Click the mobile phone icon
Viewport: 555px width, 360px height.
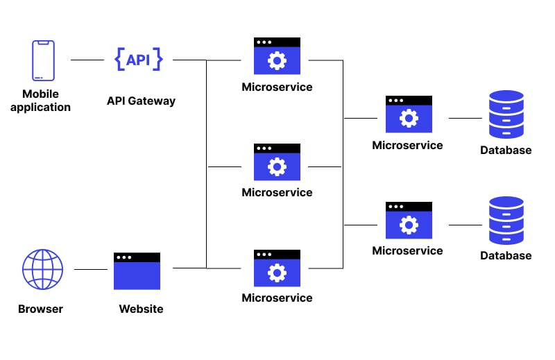pyautogui.click(x=43, y=60)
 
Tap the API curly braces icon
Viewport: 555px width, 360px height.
pyautogui.click(x=138, y=60)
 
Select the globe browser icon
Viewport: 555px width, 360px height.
pyautogui.click(x=43, y=269)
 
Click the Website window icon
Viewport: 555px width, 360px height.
pyautogui.click(x=137, y=271)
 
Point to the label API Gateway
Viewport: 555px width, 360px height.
pyautogui.click(x=141, y=101)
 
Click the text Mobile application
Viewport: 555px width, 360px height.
pyautogui.click(x=40, y=101)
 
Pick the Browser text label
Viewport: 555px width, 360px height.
pyautogui.click(x=40, y=309)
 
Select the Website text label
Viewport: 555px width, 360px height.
pyautogui.click(x=141, y=309)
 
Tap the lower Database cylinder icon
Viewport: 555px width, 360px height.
pyautogui.click(x=506, y=221)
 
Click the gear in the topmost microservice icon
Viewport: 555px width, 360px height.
pyautogui.click(x=277, y=61)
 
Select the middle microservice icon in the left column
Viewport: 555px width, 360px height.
pyautogui.click(x=277, y=162)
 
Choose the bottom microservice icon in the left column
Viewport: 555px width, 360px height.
pyautogui.click(x=277, y=268)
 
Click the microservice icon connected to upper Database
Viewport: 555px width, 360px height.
pyautogui.click(x=409, y=114)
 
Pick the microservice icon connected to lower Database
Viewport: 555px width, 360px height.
pyautogui.click(x=409, y=221)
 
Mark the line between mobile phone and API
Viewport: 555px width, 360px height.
pyautogui.click(x=87, y=60)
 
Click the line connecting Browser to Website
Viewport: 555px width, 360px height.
pyautogui.click(x=90, y=269)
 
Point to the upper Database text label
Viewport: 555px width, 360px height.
pyautogui.click(x=506, y=151)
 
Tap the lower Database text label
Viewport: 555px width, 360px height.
pyautogui.click(x=506, y=256)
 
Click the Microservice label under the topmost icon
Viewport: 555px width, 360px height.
pyautogui.click(x=277, y=87)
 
